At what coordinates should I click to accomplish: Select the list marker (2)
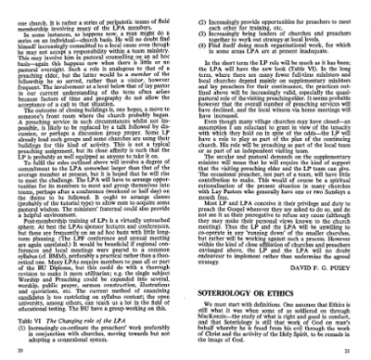click(196, 16)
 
